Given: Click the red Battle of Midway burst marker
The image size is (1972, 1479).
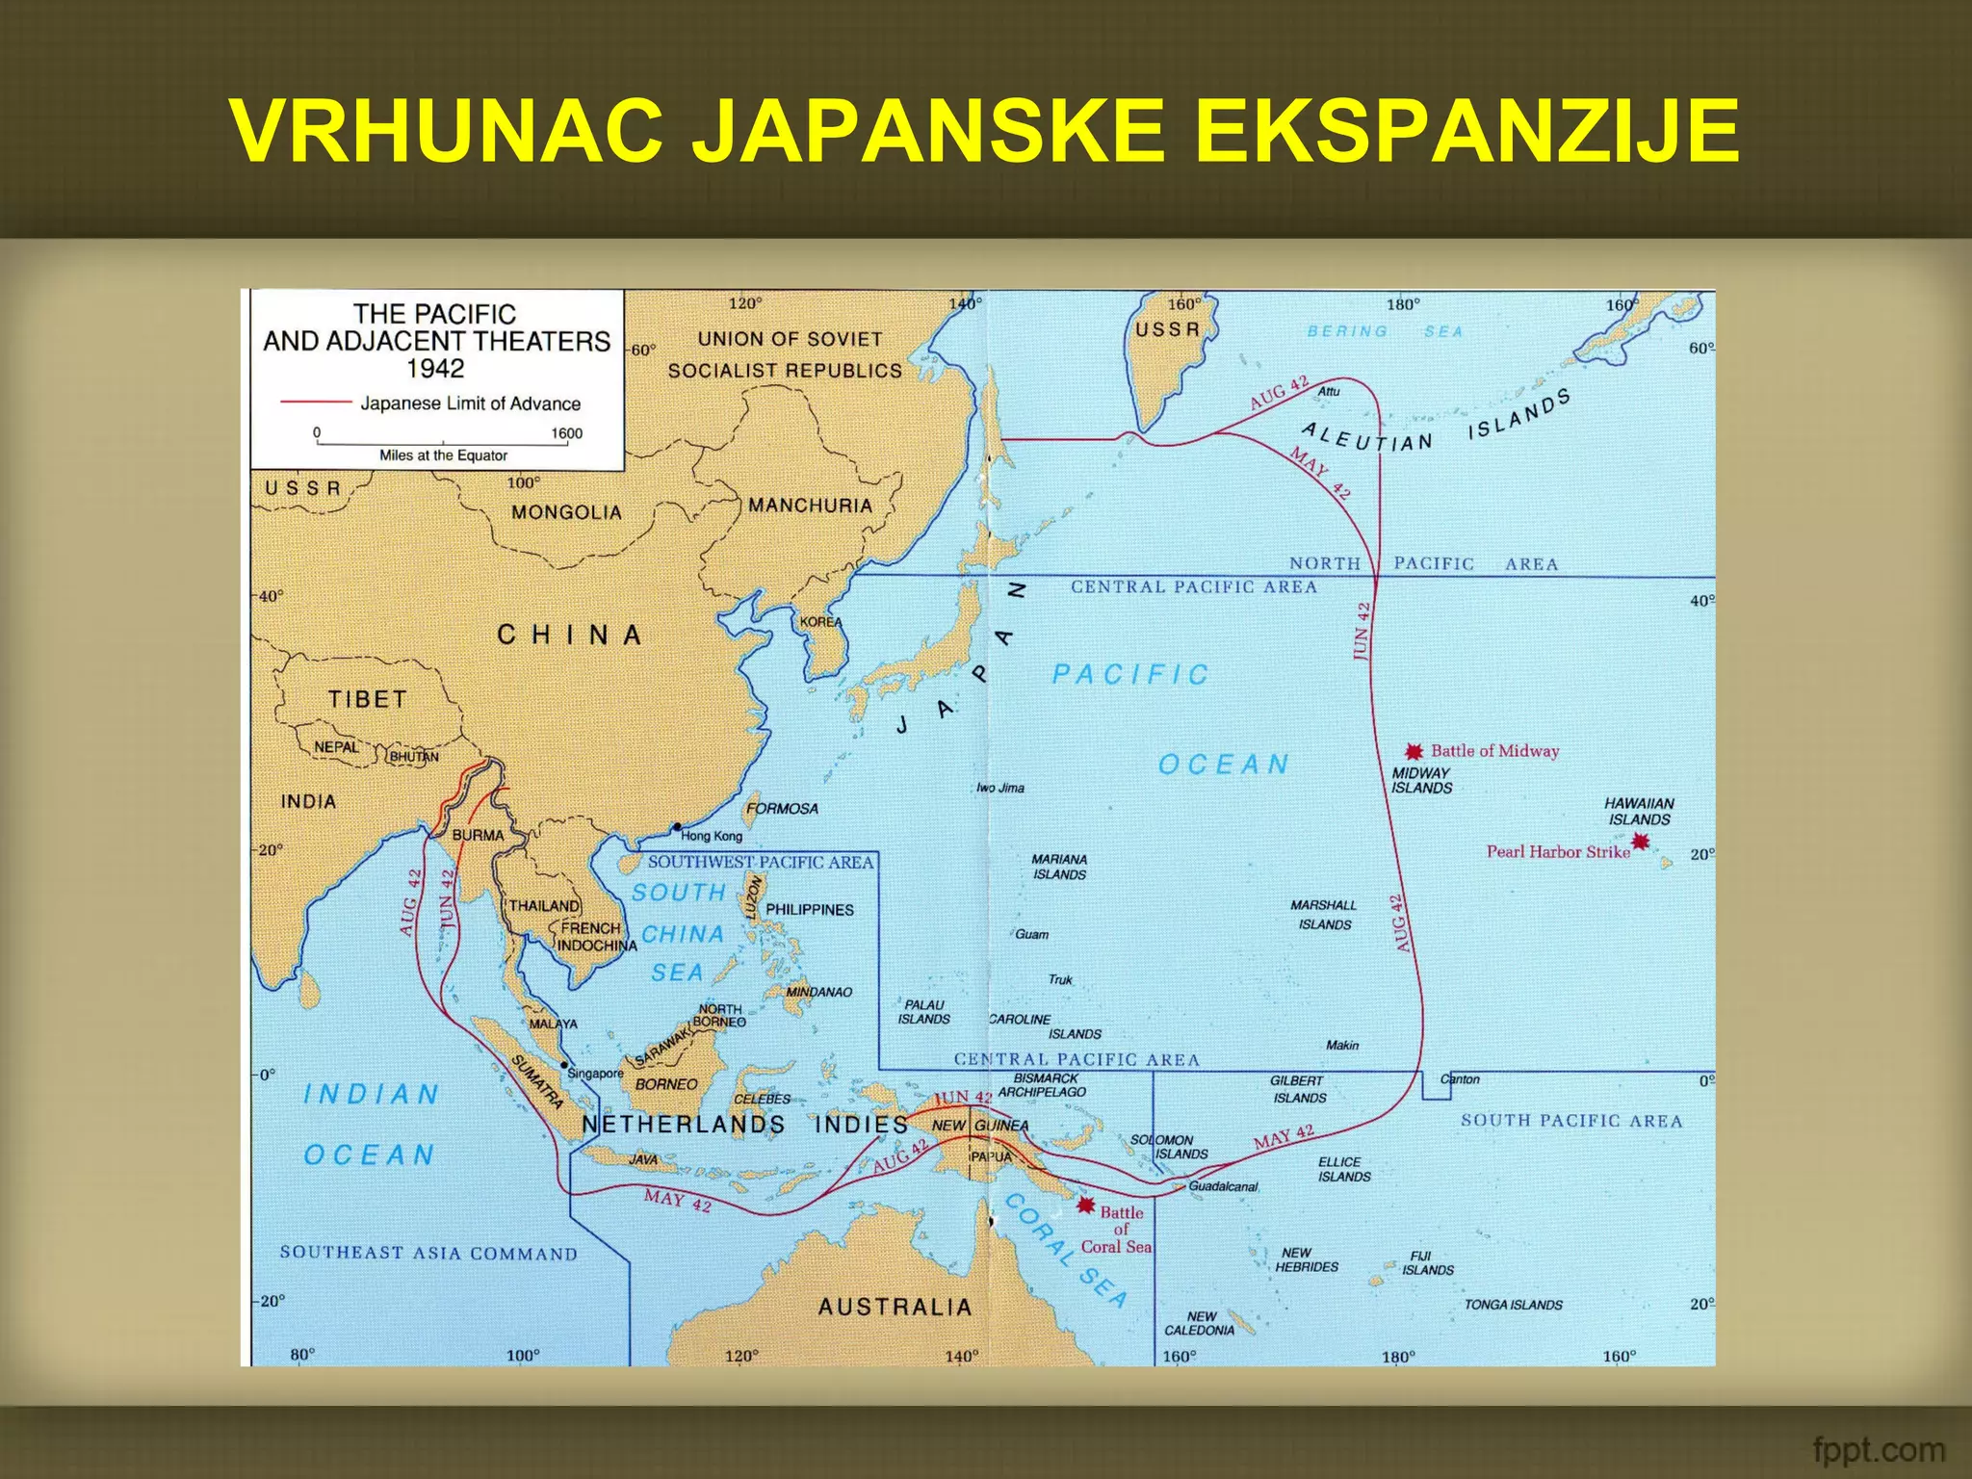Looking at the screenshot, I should [1414, 752].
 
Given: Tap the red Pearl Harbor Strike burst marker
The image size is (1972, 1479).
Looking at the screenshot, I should [1640, 843].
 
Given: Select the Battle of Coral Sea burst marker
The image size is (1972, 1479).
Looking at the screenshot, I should [1086, 1205].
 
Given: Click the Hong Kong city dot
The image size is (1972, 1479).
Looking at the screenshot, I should [677, 827].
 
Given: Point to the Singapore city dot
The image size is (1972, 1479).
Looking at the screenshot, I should [564, 1065].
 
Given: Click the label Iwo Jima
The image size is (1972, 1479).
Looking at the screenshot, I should [1000, 788].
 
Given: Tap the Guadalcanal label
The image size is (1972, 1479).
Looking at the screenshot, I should [1223, 1186].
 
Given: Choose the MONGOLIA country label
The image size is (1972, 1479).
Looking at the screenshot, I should [566, 512].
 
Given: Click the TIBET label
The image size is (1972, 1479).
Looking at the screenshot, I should [367, 699].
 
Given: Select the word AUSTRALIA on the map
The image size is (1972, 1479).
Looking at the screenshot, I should [895, 1307].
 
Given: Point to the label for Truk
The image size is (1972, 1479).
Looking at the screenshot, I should [1060, 979].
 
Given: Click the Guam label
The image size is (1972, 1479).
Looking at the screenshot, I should [1031, 934].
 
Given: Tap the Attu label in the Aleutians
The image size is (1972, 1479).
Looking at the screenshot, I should [1329, 391].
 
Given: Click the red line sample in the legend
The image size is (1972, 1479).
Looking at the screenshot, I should [315, 402].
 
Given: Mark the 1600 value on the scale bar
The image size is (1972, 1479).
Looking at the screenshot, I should [566, 433].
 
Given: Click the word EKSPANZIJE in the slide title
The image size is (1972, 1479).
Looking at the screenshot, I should [1466, 132].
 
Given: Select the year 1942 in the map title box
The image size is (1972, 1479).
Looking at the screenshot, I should [435, 369].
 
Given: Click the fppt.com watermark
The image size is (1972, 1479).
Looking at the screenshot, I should [1878, 1449].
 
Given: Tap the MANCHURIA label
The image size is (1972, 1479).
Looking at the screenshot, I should [810, 506].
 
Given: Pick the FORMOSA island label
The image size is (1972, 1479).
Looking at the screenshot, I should [782, 809].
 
